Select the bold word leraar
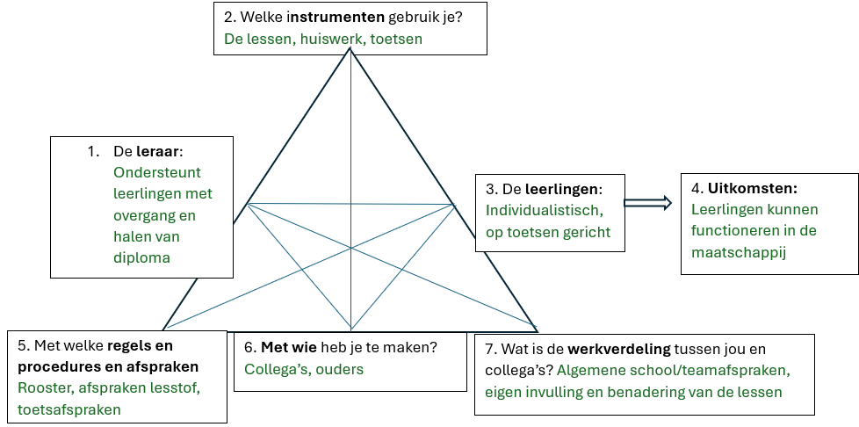(x=157, y=151)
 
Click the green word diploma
(x=142, y=257)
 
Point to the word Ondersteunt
(x=157, y=172)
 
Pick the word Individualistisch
(x=545, y=211)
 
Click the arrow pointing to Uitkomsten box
(x=647, y=203)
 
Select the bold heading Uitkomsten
(x=753, y=189)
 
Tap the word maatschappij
(x=739, y=253)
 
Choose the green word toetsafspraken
(x=69, y=410)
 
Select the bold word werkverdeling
(x=619, y=349)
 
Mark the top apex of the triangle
(x=350, y=48)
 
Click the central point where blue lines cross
(x=350, y=249)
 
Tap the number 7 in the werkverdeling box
(x=490, y=349)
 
